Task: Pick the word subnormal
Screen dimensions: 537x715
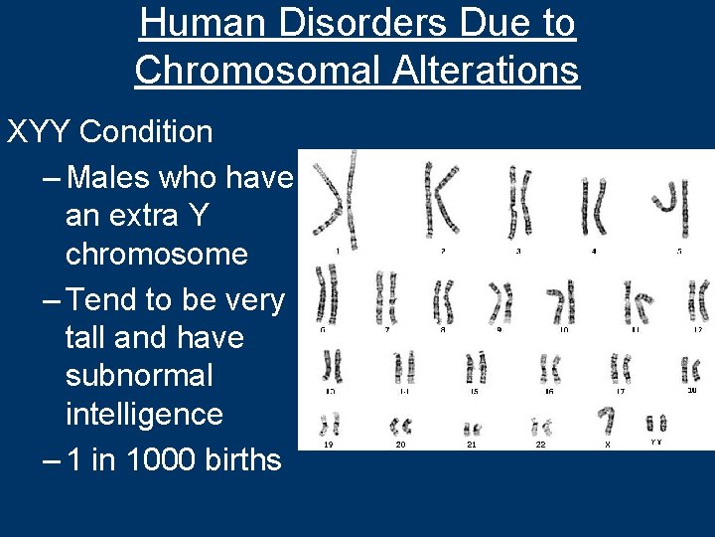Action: tap(139, 376)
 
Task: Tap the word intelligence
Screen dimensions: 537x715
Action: tap(144, 413)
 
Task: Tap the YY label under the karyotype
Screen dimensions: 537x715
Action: tap(656, 442)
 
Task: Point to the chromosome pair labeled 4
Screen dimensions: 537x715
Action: tap(595, 208)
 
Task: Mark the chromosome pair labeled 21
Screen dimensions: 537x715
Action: tap(473, 429)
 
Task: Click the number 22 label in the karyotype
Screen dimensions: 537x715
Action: tap(541, 445)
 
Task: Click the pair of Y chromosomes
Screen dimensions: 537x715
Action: tap(656, 423)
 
